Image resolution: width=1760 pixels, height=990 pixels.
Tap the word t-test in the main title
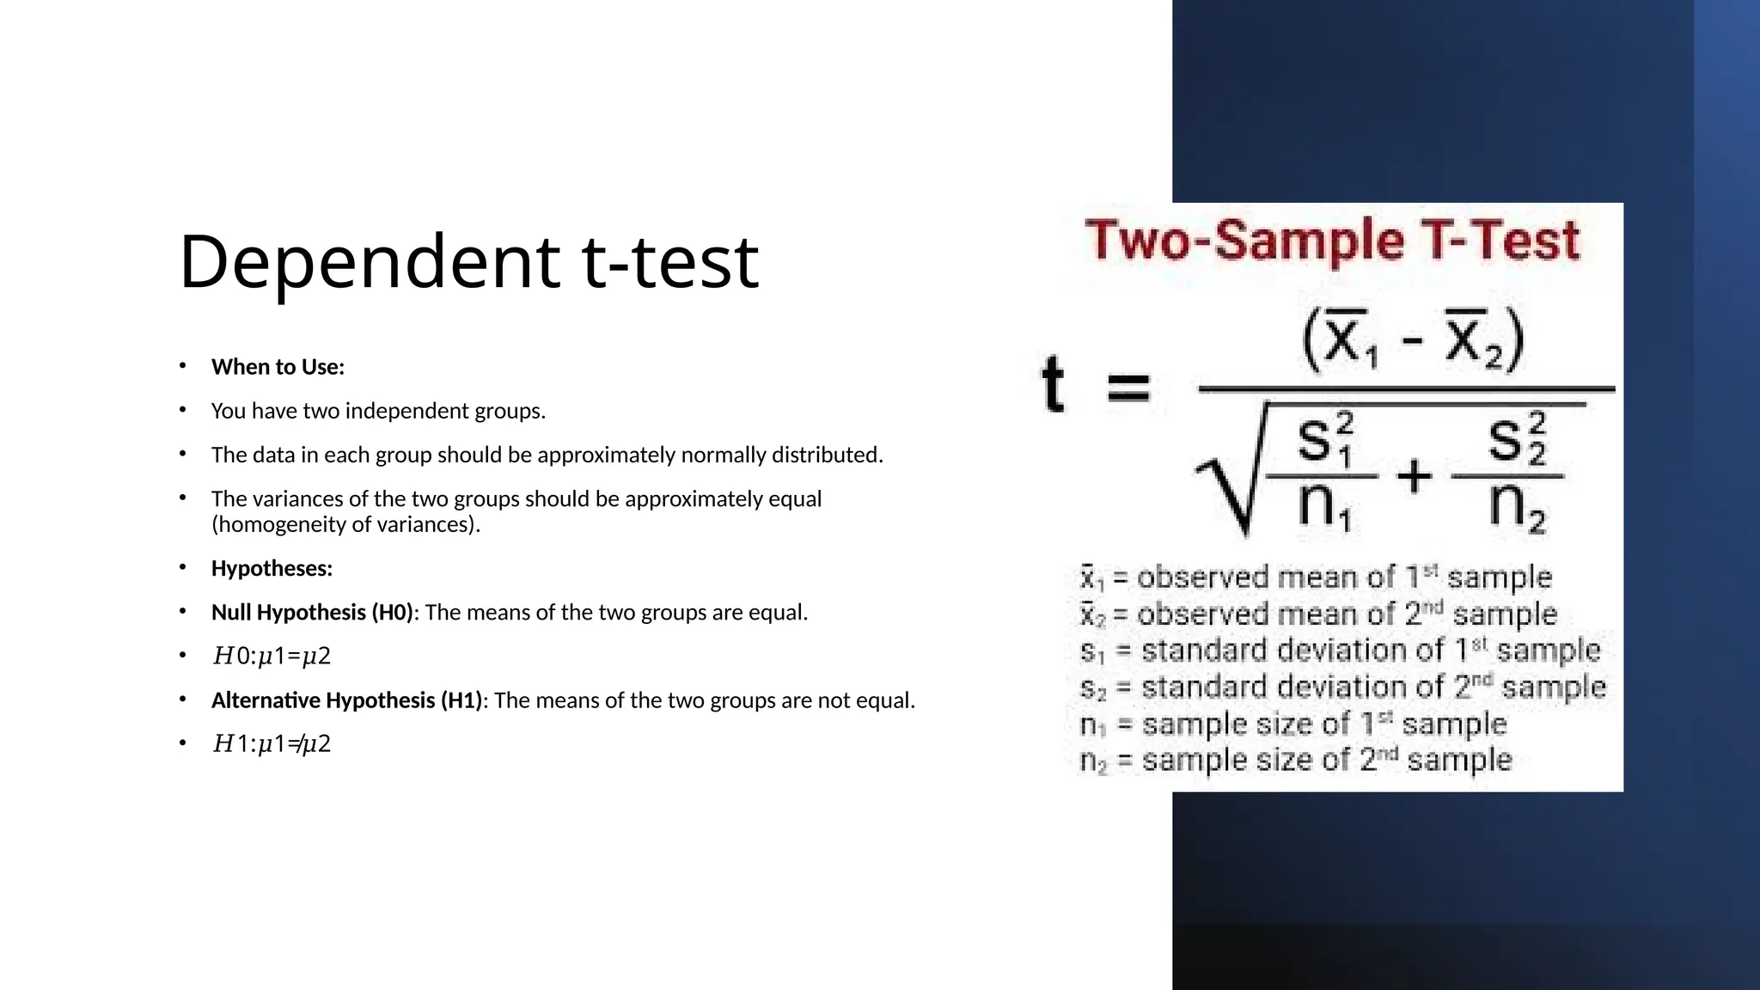coord(670,262)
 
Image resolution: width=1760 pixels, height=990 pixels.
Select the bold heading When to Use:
coord(278,367)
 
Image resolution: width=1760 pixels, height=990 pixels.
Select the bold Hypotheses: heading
coord(272,569)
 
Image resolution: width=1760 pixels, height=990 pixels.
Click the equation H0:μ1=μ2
coord(272,657)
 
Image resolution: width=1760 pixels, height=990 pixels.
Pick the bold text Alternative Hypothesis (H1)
coord(346,700)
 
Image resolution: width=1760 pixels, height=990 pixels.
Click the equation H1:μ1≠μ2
coord(272,743)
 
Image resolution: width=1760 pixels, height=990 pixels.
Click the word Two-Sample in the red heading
coord(1245,241)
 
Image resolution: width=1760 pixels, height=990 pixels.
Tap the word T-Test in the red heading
coord(1501,241)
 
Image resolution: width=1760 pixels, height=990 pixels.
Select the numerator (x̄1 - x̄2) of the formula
coord(1413,340)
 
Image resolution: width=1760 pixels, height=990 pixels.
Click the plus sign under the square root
coord(1415,475)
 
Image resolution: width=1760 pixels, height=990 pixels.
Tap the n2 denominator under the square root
coord(1516,507)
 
